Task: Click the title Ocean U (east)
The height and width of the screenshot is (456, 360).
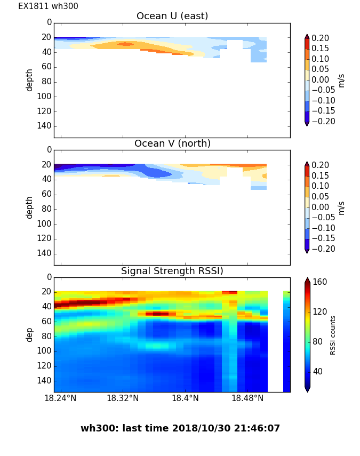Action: (x=172, y=16)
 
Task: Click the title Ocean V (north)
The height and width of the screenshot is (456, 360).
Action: (x=172, y=143)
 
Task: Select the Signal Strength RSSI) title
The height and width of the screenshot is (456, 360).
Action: (x=172, y=271)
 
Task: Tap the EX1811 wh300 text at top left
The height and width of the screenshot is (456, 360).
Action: (x=48, y=6)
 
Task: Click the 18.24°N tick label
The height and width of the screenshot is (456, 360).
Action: (x=60, y=398)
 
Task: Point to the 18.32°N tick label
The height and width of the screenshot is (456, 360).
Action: (x=123, y=398)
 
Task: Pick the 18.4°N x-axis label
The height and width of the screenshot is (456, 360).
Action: (x=186, y=398)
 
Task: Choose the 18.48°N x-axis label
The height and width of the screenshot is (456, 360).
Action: (x=247, y=398)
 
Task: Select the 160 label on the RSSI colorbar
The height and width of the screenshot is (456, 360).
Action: (x=320, y=282)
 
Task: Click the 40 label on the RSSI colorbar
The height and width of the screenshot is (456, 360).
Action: (x=318, y=371)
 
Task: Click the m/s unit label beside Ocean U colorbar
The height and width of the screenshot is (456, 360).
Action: (x=341, y=80)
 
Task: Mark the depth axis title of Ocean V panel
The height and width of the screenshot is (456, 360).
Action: (x=30, y=207)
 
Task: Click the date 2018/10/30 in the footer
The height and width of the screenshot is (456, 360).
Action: (x=203, y=428)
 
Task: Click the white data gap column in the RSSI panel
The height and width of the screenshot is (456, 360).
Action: (x=275, y=341)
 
